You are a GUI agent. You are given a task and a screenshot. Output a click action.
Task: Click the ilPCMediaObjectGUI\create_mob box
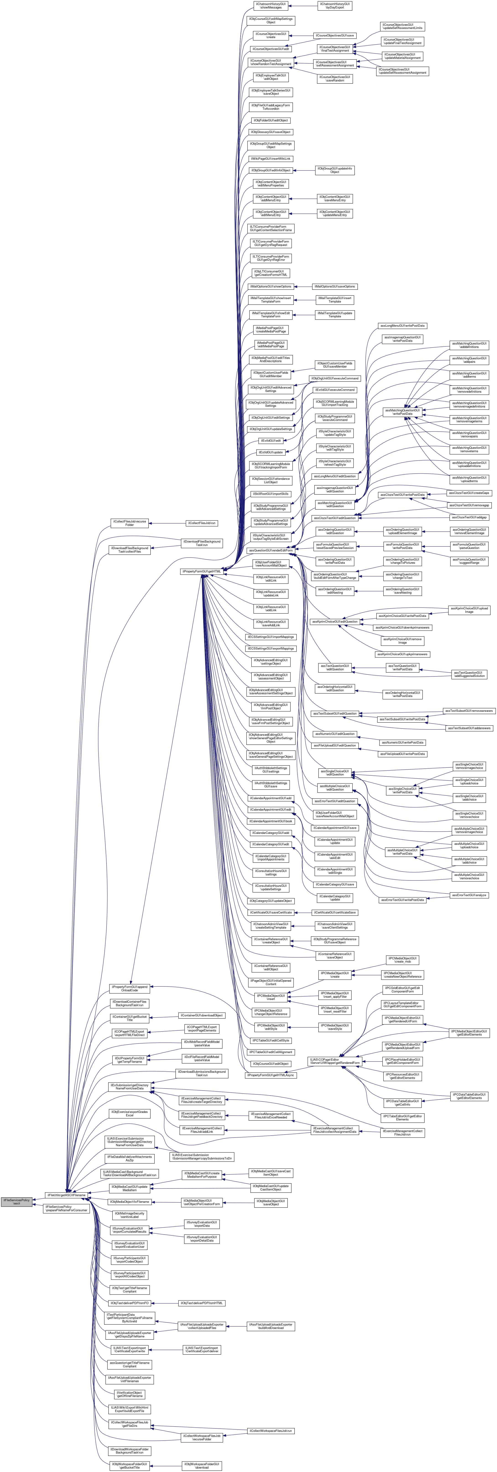click(x=403, y=960)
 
